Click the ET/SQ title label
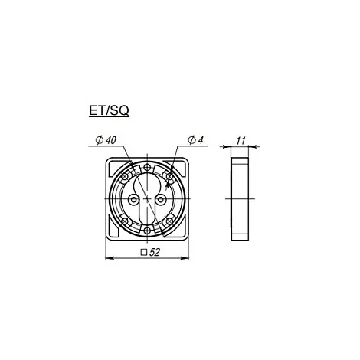tap(109, 110)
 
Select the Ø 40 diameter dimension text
tap(106, 140)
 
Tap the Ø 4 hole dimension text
tap(195, 140)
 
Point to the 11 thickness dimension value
tap(241, 141)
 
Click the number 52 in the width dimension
tap(155, 252)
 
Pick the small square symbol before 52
tap(144, 253)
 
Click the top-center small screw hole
tap(147, 168)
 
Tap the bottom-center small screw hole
tap(147, 231)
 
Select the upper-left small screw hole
tap(125, 176)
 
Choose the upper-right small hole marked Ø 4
tap(169, 176)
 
